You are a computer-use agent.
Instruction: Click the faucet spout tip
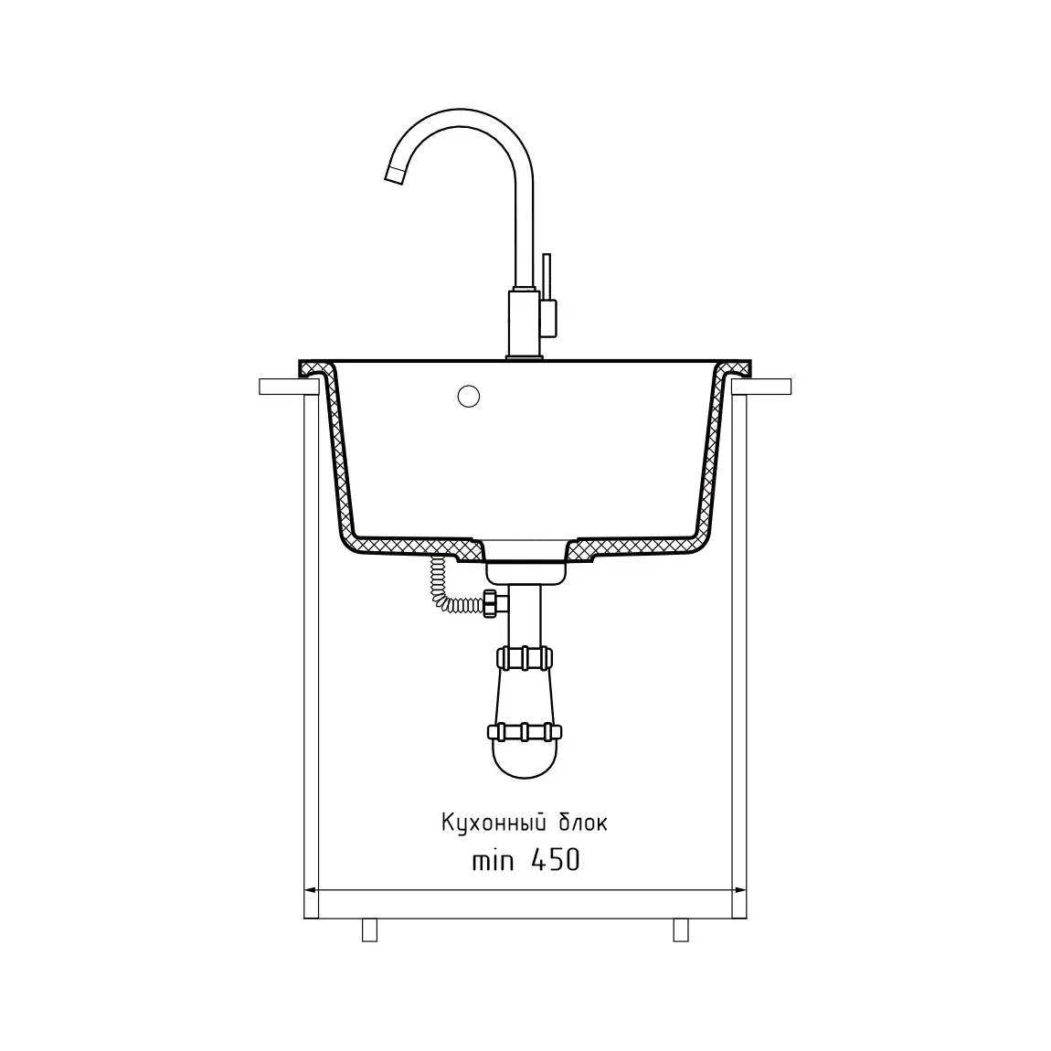pyautogui.click(x=394, y=175)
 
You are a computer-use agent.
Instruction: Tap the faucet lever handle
pyautogui.click(x=547, y=295)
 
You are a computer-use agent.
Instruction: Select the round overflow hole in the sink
pyautogui.click(x=469, y=396)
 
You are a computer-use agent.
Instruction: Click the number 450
pyautogui.click(x=556, y=860)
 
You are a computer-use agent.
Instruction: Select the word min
pyautogui.click(x=493, y=861)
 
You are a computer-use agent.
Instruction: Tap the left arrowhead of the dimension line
pyautogui.click(x=311, y=891)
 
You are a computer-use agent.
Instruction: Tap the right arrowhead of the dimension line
pyautogui.click(x=740, y=891)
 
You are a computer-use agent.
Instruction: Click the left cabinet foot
pyautogui.click(x=369, y=929)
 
